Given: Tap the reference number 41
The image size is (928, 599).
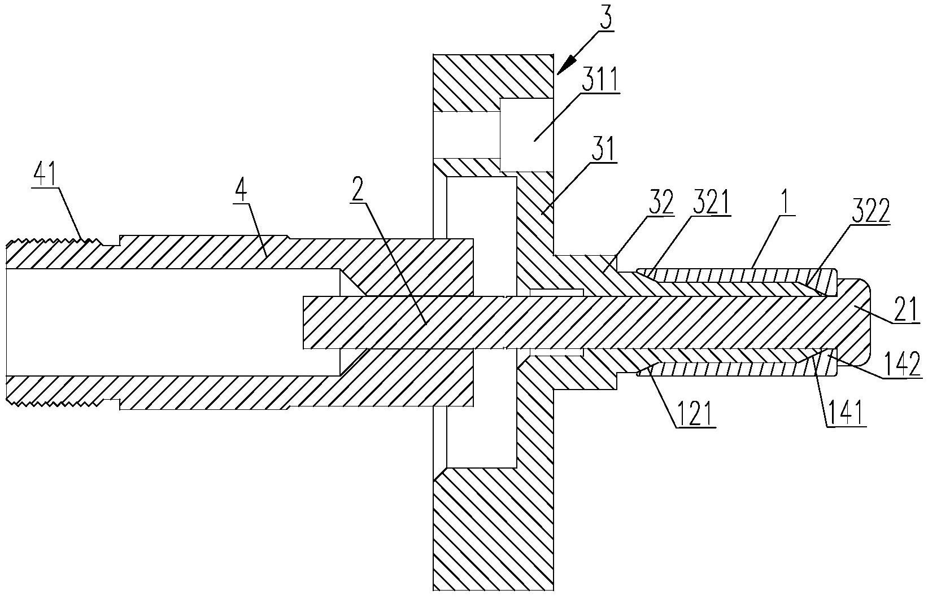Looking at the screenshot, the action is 45,176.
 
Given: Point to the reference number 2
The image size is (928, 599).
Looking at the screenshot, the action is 357,191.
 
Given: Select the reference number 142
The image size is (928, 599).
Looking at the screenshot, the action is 903,364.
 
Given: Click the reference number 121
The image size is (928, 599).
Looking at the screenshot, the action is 694,414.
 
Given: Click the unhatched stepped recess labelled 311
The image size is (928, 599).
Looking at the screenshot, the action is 527,135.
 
